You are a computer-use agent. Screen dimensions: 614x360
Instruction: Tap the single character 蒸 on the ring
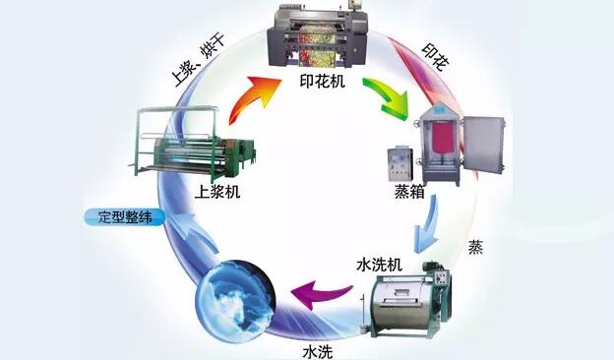[x=475, y=247]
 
